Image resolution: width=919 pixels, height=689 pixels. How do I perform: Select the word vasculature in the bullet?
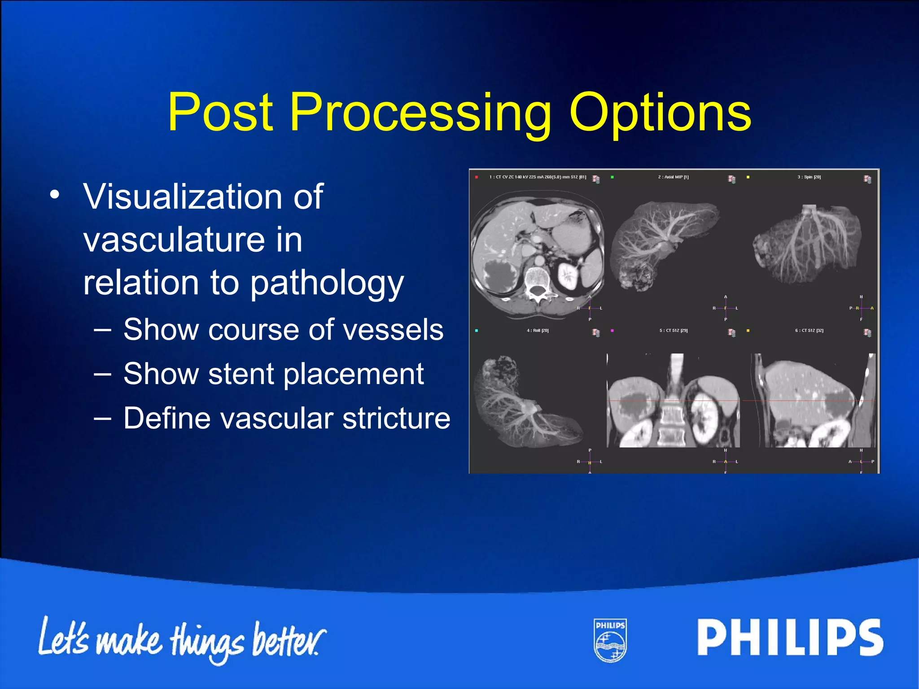click(x=193, y=240)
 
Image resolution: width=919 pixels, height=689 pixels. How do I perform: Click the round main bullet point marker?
click(x=55, y=195)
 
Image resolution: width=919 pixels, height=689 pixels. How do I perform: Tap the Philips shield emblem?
click(x=610, y=640)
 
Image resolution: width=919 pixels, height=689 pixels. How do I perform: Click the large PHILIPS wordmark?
click(x=790, y=637)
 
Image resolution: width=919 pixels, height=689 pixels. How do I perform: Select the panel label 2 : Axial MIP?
click(x=673, y=177)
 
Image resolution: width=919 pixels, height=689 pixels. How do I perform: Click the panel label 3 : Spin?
click(x=809, y=177)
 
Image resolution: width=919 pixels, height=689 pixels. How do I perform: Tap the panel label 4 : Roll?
click(x=538, y=331)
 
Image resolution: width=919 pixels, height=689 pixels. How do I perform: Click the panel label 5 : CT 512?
click(x=673, y=331)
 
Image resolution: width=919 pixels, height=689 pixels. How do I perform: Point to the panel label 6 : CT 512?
click(x=809, y=331)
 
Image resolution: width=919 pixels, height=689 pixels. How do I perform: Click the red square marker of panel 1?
click(x=477, y=177)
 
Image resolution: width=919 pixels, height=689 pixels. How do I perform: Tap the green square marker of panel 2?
click(x=612, y=177)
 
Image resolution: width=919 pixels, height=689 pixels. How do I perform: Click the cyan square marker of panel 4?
click(x=477, y=331)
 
